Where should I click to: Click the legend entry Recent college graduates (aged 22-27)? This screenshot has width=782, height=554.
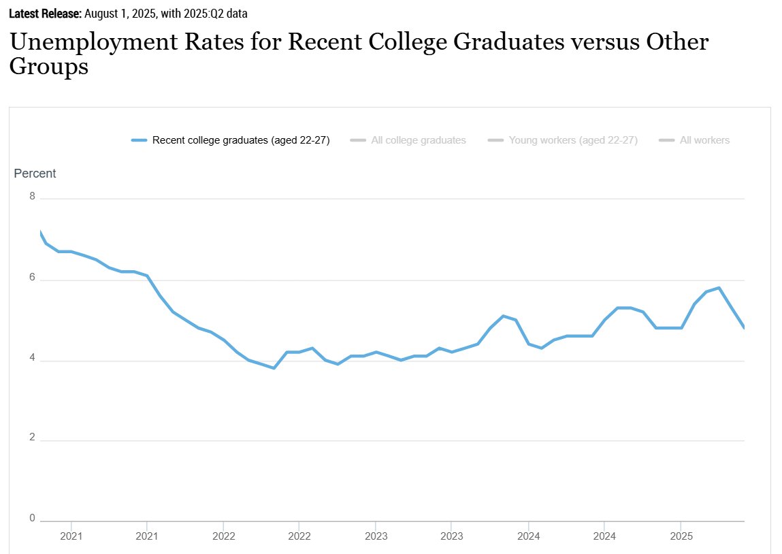pyautogui.click(x=231, y=140)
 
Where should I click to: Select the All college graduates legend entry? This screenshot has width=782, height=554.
pyautogui.click(x=408, y=140)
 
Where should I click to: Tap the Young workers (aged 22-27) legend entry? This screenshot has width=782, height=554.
pyautogui.click(x=563, y=140)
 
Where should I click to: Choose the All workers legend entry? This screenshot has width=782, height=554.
pyautogui.click(x=694, y=140)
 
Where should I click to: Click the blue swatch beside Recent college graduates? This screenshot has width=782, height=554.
pyautogui.click(x=139, y=140)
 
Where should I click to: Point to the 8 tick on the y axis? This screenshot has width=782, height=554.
pyautogui.click(x=33, y=196)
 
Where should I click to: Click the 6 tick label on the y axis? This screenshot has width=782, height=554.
pyautogui.click(x=33, y=277)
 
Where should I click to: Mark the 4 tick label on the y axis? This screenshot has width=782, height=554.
pyautogui.click(x=33, y=357)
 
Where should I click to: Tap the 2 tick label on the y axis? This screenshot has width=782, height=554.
pyautogui.click(x=33, y=438)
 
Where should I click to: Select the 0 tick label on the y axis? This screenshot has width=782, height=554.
pyautogui.click(x=33, y=518)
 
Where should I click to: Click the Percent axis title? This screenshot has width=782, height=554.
pyautogui.click(x=35, y=174)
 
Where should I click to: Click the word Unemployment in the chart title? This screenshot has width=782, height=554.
pyautogui.click(x=93, y=43)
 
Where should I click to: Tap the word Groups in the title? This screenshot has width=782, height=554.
pyautogui.click(x=49, y=67)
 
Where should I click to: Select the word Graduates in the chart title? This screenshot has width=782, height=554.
pyautogui.click(x=508, y=42)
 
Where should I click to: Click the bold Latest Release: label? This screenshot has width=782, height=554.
pyautogui.click(x=46, y=14)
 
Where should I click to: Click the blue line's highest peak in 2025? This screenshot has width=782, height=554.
pyautogui.click(x=719, y=288)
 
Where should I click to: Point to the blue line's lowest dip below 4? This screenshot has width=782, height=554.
pyautogui.click(x=274, y=368)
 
